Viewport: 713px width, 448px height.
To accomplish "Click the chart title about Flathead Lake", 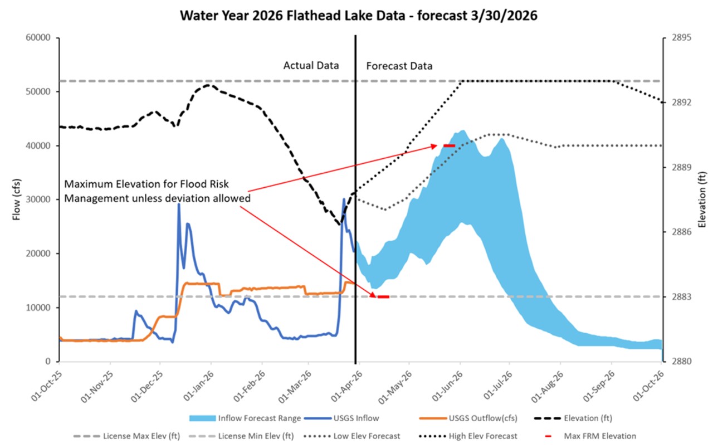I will click(358, 15).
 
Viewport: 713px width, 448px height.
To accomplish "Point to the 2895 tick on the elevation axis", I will click(681, 38).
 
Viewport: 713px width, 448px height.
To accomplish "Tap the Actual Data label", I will click(311, 65).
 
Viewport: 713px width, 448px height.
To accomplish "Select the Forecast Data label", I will click(399, 66).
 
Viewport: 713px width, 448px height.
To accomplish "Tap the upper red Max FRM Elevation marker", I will click(449, 145).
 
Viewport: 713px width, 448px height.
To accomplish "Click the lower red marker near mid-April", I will click(383, 297).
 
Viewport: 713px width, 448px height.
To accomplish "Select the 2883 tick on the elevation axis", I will click(681, 296).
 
